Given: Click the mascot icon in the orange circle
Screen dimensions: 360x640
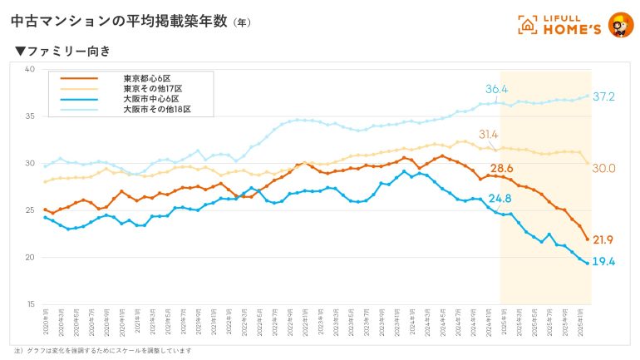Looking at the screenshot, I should pos(621,25).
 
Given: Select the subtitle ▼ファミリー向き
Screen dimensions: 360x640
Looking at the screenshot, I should pos(63,52).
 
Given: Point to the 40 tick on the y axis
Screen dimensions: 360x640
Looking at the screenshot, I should pos(29,69).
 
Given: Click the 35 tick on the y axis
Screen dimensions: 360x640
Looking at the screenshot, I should pos(29,116).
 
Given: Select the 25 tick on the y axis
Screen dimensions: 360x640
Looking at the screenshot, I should pos(29,210).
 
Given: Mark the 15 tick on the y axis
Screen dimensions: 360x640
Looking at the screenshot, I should pos(29,304).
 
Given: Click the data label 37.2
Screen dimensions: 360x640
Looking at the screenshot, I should pos(605,97).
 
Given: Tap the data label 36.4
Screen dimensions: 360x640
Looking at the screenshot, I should pos(497,89).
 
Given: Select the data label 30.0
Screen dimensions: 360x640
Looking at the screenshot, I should pos(603,168).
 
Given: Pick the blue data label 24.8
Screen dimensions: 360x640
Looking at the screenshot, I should pos(500,199).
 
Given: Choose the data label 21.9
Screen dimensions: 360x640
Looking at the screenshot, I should pos(603,240).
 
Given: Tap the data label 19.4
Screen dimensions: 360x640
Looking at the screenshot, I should pos(603,262).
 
